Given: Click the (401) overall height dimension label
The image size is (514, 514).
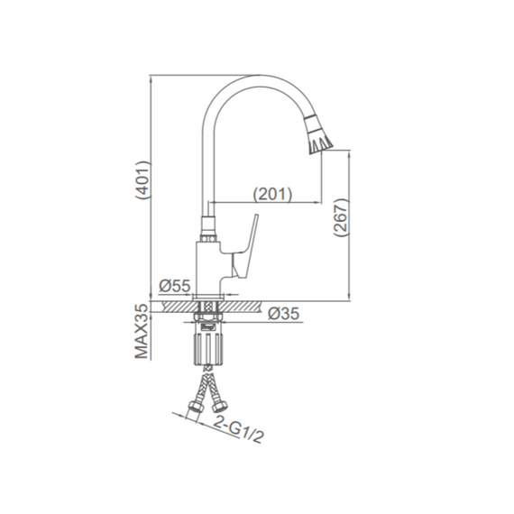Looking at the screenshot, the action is (x=143, y=179).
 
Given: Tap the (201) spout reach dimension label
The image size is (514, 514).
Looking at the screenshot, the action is (x=272, y=194).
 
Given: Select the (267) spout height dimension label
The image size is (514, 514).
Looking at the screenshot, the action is (x=340, y=216).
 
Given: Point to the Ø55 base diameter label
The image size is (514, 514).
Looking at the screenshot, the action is (x=174, y=286).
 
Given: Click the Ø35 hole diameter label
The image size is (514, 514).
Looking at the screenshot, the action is (x=283, y=314).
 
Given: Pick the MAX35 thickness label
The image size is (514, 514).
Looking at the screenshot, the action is (x=142, y=331).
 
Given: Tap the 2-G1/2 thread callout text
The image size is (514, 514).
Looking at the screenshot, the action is (x=238, y=429).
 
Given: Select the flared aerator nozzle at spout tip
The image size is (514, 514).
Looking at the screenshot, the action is (x=318, y=134).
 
